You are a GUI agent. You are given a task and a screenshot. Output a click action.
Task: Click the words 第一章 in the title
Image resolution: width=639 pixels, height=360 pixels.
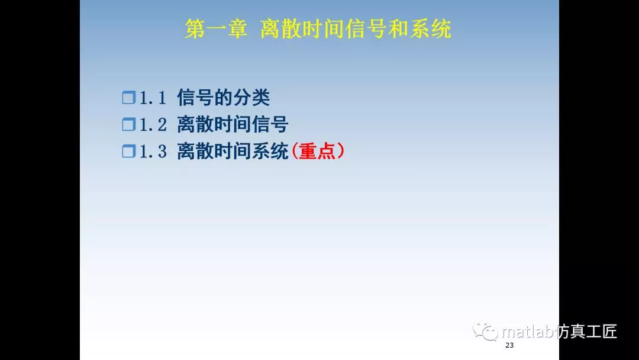215,29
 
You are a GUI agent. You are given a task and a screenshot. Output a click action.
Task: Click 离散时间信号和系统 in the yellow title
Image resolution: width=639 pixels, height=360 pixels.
356,29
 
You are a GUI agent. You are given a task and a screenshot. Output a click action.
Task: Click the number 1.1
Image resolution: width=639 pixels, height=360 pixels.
153,97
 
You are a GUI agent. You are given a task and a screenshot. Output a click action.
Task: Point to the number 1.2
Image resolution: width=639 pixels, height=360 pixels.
153,124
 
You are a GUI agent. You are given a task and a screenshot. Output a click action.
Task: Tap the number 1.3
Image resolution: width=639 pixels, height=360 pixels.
153,152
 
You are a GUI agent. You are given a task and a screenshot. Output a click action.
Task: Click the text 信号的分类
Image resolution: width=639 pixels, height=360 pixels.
223,97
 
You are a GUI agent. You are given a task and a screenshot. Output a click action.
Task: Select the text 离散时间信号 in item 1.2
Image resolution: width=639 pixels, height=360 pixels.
233,124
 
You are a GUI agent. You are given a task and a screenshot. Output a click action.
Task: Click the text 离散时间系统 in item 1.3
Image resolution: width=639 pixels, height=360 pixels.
233,152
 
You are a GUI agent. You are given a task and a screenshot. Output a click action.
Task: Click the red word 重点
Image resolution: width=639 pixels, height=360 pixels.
318,152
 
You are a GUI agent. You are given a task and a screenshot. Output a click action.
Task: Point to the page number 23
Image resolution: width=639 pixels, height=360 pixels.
509,345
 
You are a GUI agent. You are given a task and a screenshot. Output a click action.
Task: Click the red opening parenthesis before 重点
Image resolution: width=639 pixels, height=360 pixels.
295,152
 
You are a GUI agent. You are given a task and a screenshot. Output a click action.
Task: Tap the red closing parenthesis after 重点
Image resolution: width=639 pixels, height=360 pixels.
341,152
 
